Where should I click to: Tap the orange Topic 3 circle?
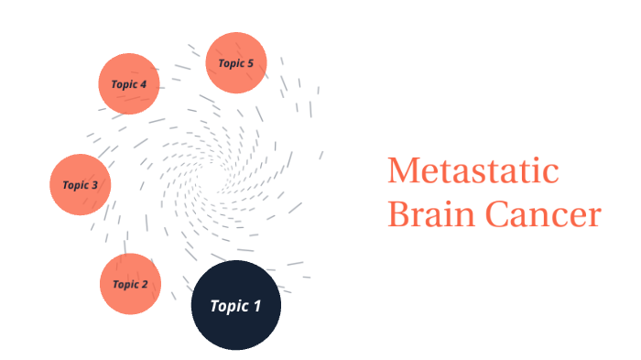pyautogui.click(x=80, y=184)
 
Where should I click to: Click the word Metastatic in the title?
pyautogui.click(x=473, y=171)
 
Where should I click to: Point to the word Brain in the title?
pyautogui.click(x=429, y=215)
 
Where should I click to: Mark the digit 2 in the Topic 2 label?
pyautogui.click(x=144, y=284)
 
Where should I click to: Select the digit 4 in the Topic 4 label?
pyautogui.click(x=143, y=84)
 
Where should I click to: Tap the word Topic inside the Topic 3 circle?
pyautogui.click(x=74, y=185)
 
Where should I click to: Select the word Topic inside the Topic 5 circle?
pyautogui.click(x=230, y=63)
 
